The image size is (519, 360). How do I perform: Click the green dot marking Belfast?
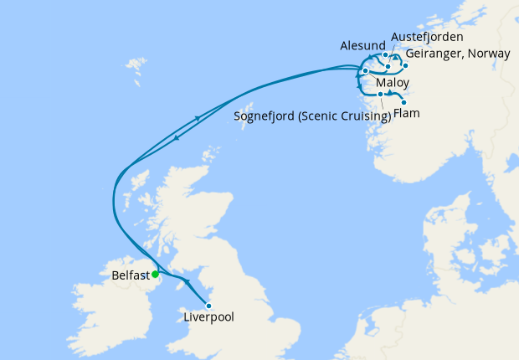[x=156, y=274]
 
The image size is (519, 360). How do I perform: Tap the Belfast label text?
[x=130, y=275]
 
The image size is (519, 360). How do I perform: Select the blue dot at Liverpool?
[x=208, y=305]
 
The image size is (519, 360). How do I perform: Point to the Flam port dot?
[x=404, y=102]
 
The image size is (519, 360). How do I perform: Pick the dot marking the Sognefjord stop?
[x=380, y=94]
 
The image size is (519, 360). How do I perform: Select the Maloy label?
[x=392, y=84]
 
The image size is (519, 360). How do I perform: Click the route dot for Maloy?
[x=366, y=71]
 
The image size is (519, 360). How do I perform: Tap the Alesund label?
[x=362, y=45]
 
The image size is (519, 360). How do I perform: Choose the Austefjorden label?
[x=427, y=38]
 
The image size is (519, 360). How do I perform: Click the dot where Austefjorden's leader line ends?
[x=388, y=66]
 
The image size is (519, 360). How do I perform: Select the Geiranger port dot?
[x=405, y=64]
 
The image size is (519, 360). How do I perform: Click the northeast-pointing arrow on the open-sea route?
[x=198, y=119]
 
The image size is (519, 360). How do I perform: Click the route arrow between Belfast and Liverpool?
[x=186, y=281]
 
